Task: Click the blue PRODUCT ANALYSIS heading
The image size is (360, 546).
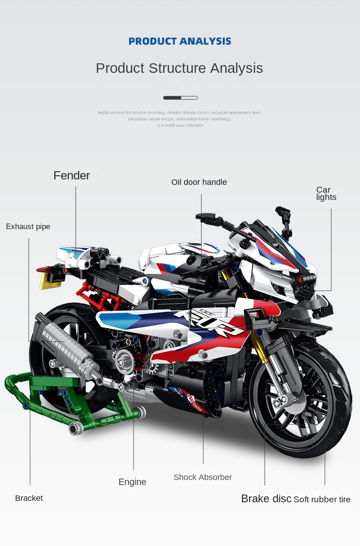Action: tap(180, 41)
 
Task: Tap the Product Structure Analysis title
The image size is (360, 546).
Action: tap(179, 68)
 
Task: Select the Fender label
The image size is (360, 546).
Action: tap(72, 176)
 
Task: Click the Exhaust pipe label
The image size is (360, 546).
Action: tap(28, 227)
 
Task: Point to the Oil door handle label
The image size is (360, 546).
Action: tap(199, 182)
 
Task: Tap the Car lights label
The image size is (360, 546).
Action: tap(326, 194)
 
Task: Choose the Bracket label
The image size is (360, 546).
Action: tap(29, 498)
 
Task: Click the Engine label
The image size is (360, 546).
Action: tap(132, 482)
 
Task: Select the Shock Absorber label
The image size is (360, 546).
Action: tap(202, 477)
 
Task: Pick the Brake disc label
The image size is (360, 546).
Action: tap(266, 499)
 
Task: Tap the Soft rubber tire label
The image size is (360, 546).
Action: tap(322, 500)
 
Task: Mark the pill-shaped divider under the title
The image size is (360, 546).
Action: tap(180, 97)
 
